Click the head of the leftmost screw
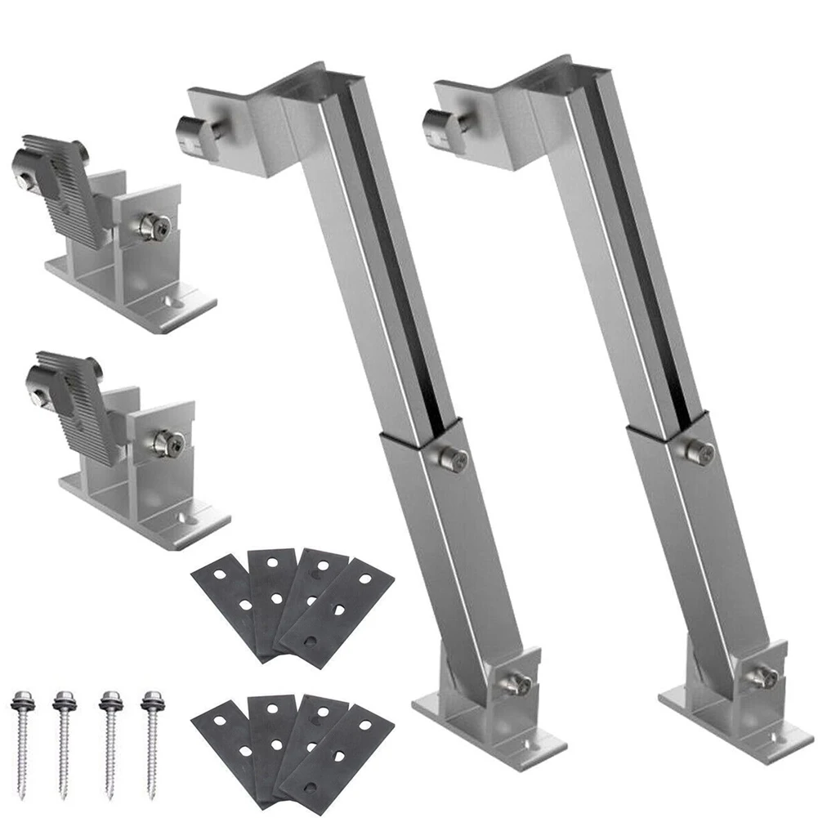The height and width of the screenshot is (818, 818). click(20, 701)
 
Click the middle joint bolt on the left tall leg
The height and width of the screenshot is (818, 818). click(454, 458)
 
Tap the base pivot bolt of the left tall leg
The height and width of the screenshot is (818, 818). click(516, 684)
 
